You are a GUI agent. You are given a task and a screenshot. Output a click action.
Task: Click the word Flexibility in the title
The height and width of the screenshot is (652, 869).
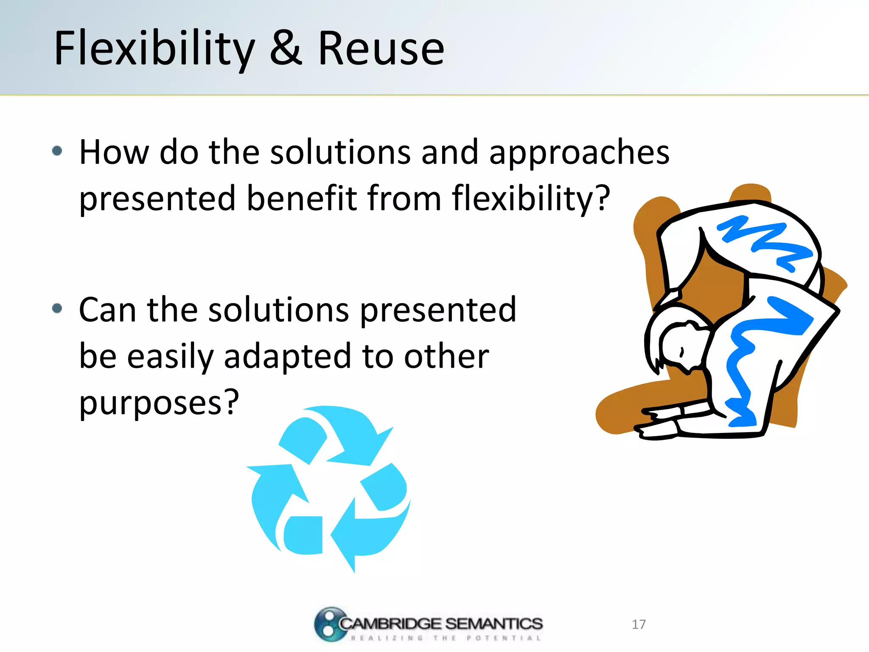tap(155, 49)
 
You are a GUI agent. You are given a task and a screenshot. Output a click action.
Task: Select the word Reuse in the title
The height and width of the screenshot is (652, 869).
tap(381, 49)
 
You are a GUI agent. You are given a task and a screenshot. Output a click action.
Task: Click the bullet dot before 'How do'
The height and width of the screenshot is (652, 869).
tap(57, 151)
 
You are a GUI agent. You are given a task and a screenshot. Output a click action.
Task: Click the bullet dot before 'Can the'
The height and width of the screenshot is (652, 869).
tap(57, 308)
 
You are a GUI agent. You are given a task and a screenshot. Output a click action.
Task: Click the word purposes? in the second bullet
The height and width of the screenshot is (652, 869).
tap(159, 402)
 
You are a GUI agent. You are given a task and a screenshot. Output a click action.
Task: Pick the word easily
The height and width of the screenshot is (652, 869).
tap(170, 357)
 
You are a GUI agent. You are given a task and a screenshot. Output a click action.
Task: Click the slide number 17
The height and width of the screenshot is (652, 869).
tap(639, 624)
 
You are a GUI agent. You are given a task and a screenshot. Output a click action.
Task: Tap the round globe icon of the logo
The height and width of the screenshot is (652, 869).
tap(329, 624)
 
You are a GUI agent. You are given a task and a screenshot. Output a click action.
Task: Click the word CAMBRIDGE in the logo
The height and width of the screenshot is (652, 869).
tap(390, 624)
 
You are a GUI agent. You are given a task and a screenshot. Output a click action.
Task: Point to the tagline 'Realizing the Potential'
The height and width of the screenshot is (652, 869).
tap(446, 638)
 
